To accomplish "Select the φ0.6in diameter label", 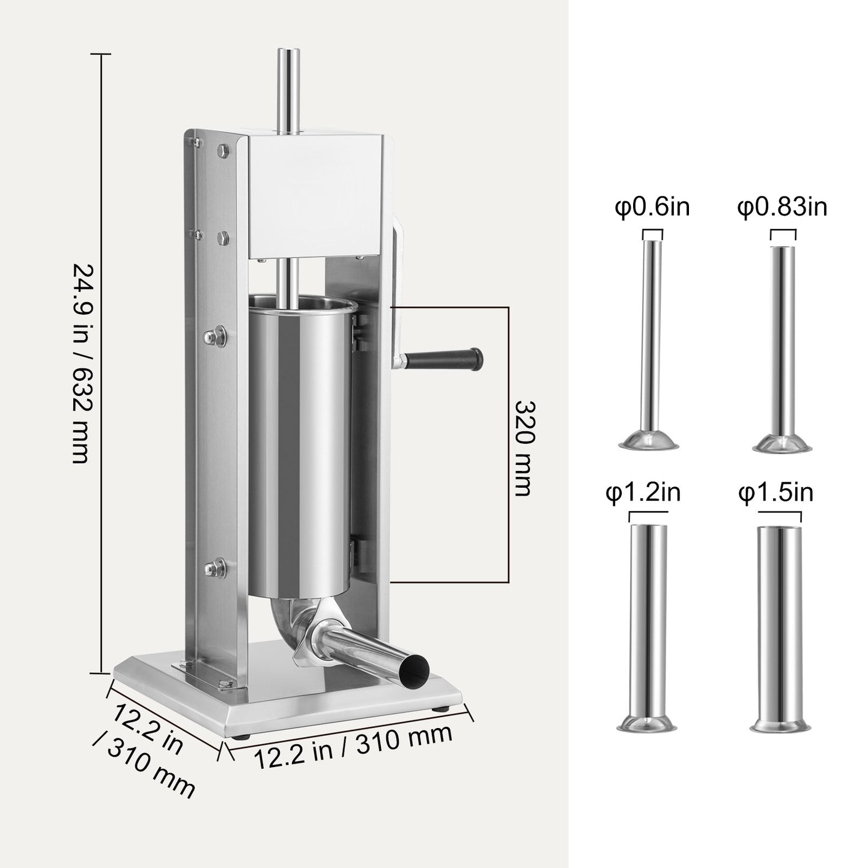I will tap(652, 207).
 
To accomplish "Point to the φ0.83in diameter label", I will tap(782, 207).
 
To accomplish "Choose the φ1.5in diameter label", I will tap(775, 493).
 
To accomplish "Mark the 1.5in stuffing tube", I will tap(778, 625).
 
